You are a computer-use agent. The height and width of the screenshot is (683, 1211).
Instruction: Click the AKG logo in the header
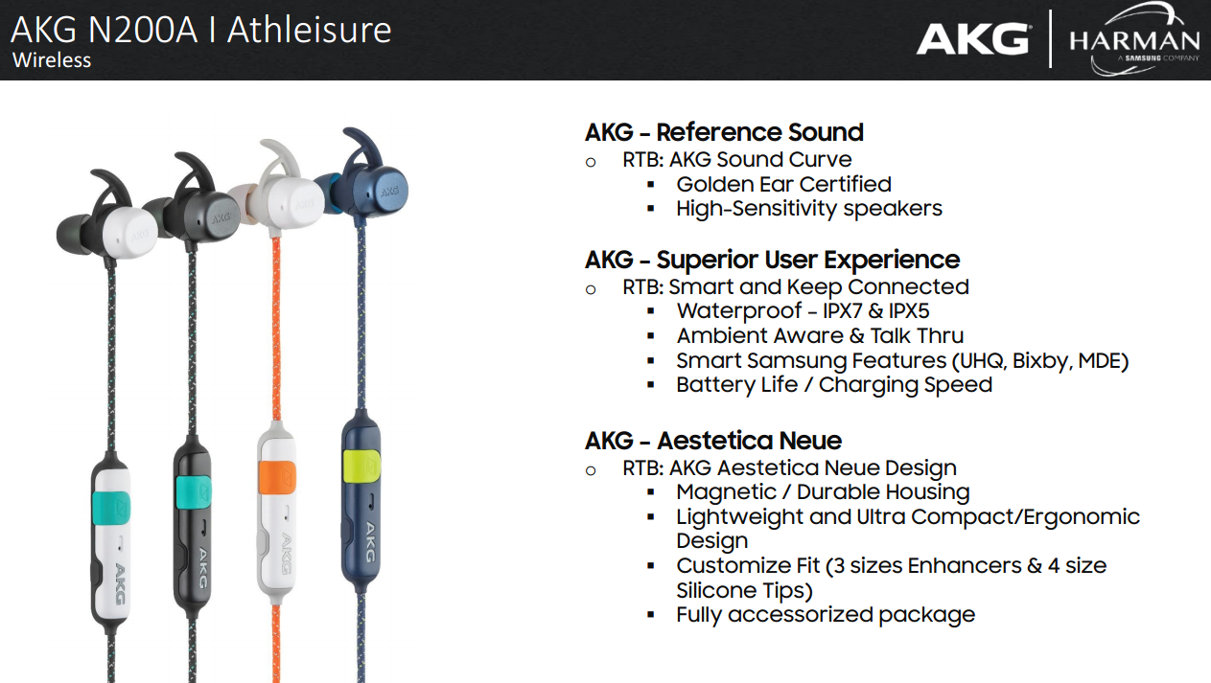(973, 39)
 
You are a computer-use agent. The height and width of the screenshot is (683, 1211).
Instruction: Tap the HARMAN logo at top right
(1133, 39)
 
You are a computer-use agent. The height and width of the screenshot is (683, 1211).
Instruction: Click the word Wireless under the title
(52, 60)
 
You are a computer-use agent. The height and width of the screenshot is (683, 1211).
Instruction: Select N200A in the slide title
(142, 31)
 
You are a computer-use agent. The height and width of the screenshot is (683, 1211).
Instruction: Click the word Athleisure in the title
(310, 31)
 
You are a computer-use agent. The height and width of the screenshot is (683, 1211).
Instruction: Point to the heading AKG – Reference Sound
(725, 133)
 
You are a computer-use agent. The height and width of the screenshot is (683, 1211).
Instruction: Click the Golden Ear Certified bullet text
(783, 185)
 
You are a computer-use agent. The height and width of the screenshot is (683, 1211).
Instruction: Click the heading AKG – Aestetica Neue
(713, 441)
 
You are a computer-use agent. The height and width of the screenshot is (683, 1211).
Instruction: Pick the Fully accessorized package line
(826, 615)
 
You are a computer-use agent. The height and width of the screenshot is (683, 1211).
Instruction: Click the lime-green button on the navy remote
(361, 465)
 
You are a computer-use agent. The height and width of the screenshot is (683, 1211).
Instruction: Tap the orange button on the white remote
(277, 477)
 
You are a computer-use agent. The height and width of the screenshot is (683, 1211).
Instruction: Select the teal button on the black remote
(194, 492)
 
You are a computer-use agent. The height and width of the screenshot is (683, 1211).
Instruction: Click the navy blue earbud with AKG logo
(370, 189)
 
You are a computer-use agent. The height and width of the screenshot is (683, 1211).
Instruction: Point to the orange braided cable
(276, 329)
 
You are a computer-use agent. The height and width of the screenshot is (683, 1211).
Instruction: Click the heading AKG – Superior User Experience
(772, 261)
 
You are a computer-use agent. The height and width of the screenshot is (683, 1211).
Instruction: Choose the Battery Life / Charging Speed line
(834, 385)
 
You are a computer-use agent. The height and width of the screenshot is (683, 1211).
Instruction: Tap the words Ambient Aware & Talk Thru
(820, 336)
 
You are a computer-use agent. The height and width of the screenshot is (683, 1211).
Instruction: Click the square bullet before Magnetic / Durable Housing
(651, 492)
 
